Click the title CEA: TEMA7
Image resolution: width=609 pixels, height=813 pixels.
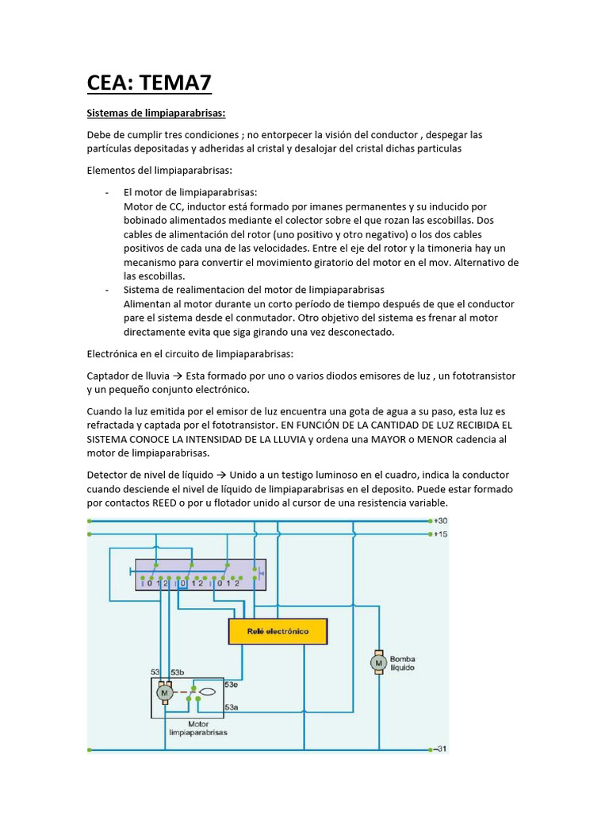click(149, 82)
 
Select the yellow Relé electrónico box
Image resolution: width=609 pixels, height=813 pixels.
click(278, 632)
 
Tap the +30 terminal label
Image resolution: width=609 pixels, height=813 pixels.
click(441, 521)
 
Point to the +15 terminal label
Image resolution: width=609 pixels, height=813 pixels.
click(441, 534)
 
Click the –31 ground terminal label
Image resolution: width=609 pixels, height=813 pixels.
click(440, 749)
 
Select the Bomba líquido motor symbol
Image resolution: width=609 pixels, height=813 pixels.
click(378, 662)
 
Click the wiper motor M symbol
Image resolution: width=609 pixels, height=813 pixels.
click(165, 693)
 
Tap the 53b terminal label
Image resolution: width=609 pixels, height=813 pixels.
click(178, 672)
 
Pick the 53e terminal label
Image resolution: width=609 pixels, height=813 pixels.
click(232, 683)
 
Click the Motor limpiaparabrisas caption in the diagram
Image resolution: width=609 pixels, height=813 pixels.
click(198, 728)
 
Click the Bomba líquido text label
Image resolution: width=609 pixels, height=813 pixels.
click(402, 663)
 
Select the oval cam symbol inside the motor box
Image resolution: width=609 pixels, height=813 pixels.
click(207, 692)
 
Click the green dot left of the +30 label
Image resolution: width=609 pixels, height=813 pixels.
click(429, 521)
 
